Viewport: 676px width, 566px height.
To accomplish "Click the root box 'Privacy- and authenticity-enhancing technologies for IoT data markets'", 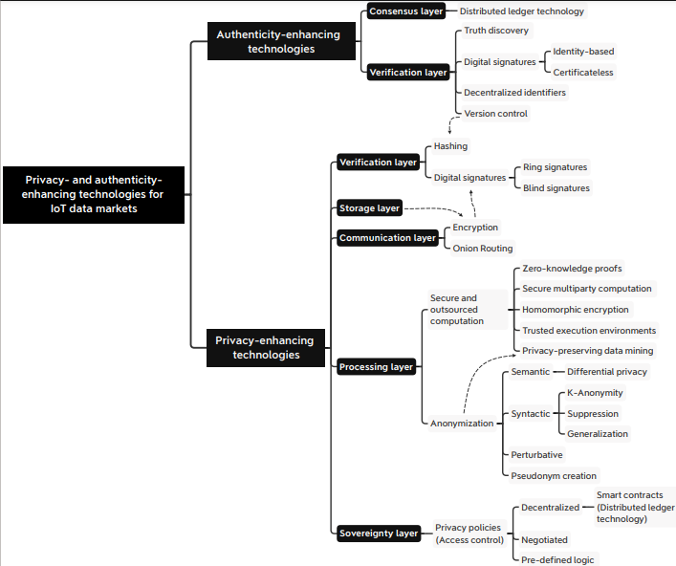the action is [x=94, y=194].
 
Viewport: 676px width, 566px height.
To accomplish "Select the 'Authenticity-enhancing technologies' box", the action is [x=281, y=41].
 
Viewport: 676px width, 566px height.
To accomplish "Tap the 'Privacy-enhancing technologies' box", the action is [x=266, y=348].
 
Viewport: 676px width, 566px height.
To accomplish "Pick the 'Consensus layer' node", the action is [x=406, y=11].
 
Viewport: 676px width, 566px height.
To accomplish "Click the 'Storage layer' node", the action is [x=369, y=208].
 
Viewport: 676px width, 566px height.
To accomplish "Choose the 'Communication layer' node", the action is [x=387, y=238].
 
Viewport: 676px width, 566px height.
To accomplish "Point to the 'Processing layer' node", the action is [x=376, y=367].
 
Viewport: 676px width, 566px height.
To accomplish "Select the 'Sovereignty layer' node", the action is [x=379, y=533].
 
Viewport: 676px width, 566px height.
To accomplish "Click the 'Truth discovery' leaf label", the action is [x=496, y=31].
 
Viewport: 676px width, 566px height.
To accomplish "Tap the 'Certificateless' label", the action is [x=583, y=73].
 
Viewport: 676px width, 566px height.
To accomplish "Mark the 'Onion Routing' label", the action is [x=483, y=249].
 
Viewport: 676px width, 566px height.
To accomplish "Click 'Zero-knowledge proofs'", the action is [x=572, y=269].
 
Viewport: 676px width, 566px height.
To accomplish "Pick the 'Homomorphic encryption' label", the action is [x=575, y=310].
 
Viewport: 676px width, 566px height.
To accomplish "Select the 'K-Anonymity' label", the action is [x=595, y=393].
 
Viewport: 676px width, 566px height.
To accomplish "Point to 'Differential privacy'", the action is [x=607, y=372].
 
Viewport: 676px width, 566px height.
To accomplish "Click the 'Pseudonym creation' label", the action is [x=554, y=476].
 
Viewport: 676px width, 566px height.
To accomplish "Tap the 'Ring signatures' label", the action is [x=555, y=167].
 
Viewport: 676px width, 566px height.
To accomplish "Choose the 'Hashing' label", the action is [x=450, y=146].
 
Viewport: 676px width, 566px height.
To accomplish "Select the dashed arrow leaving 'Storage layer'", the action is [x=435, y=208].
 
